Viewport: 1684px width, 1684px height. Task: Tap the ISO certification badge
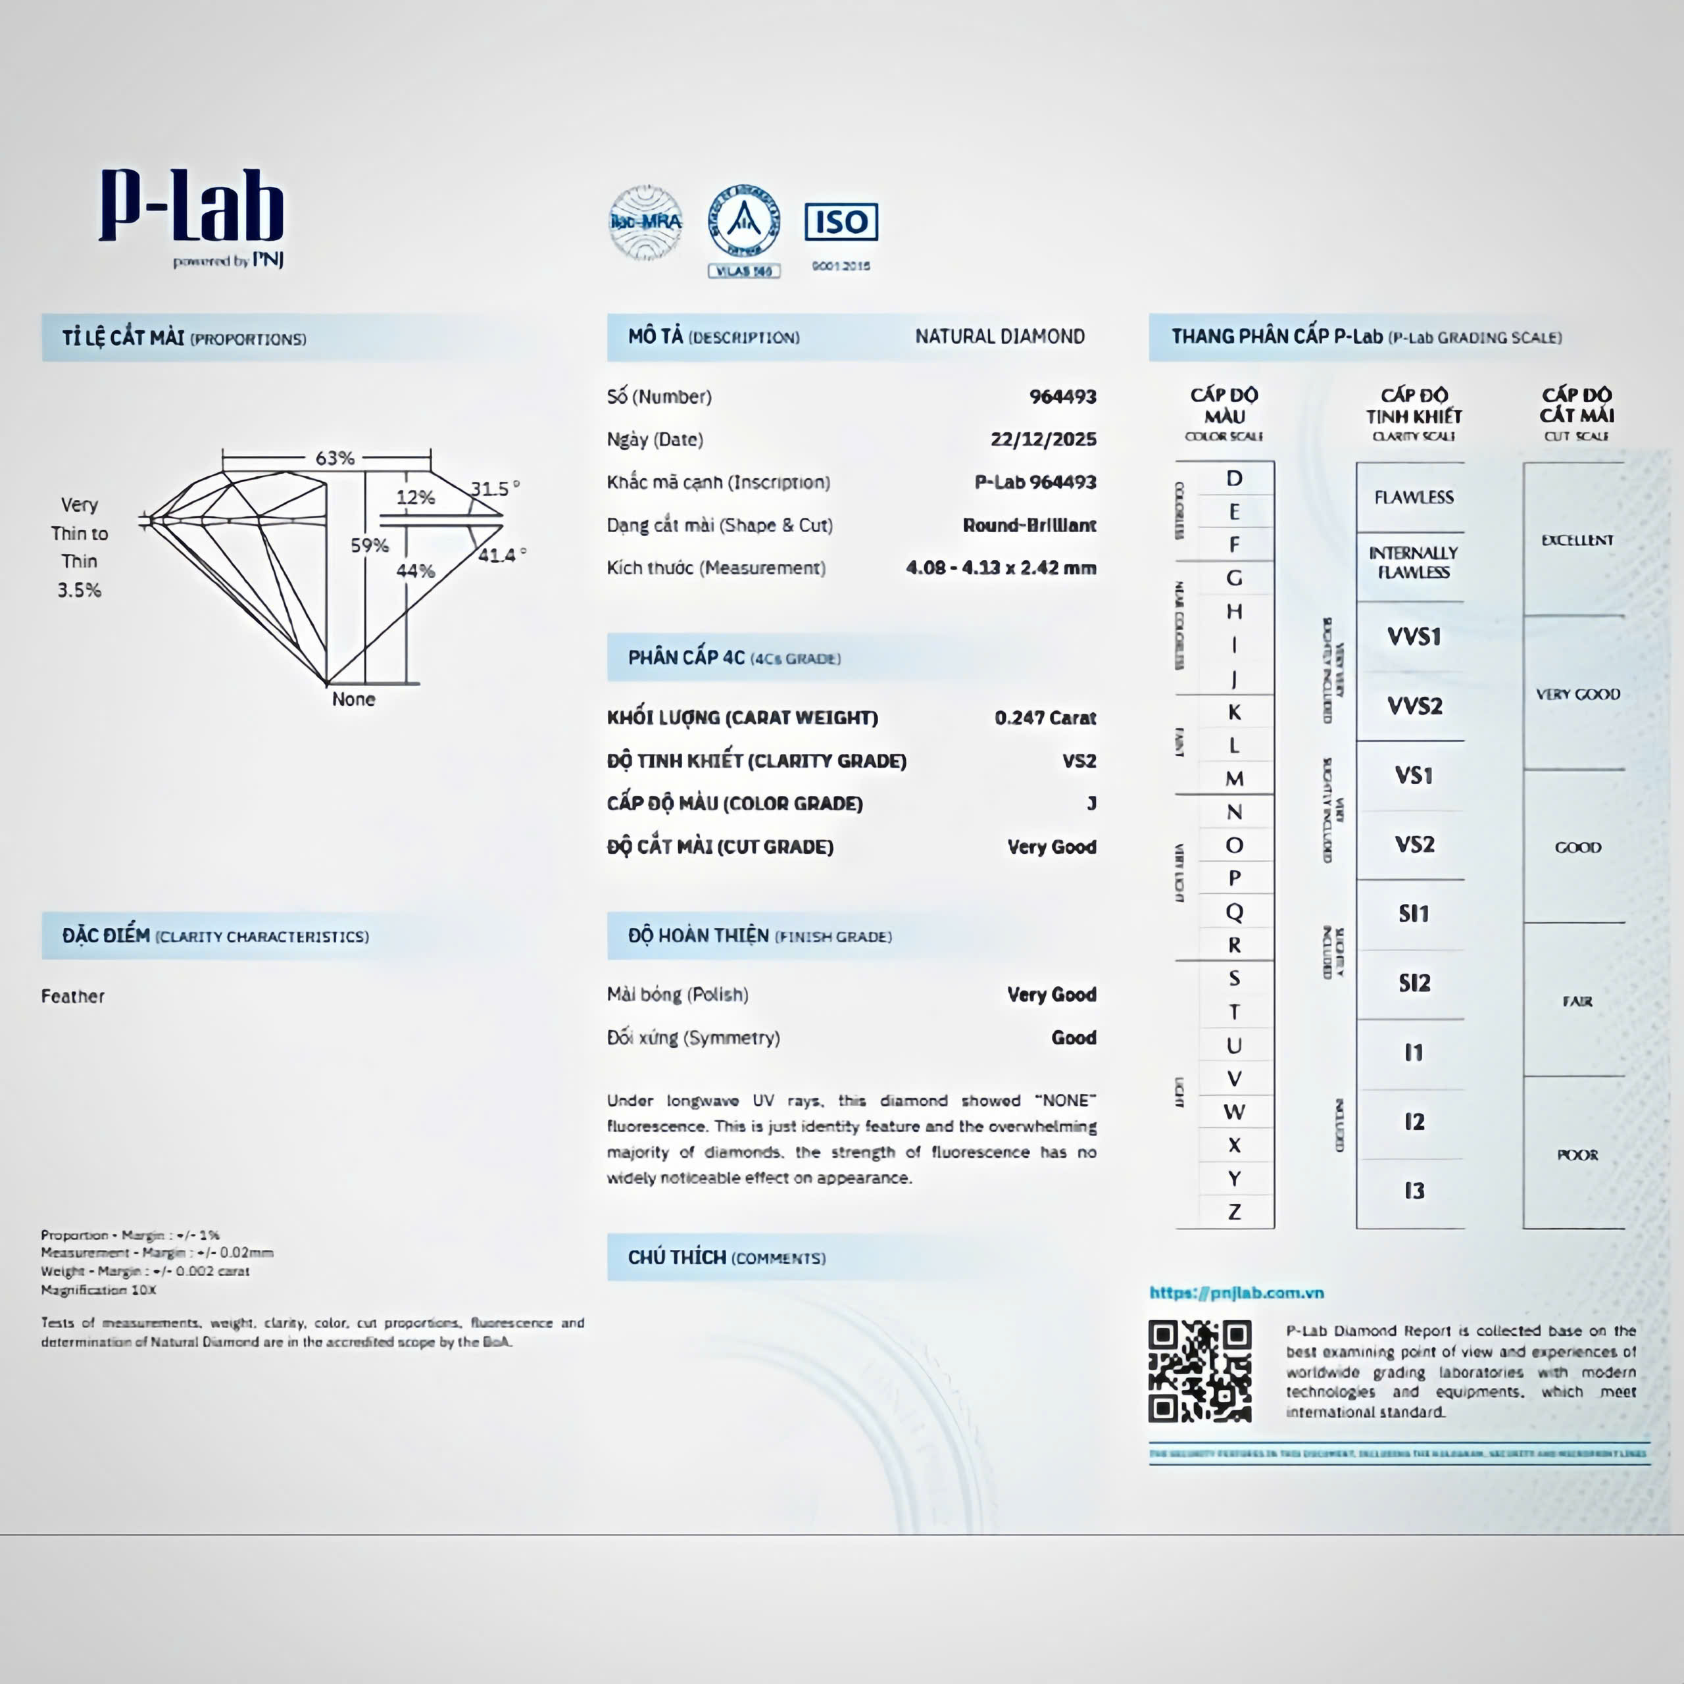tap(840, 222)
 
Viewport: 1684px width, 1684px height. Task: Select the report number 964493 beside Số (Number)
tap(1062, 397)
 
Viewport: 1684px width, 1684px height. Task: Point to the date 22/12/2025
tap(1043, 439)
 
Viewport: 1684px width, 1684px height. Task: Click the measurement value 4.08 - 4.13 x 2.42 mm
tap(1001, 568)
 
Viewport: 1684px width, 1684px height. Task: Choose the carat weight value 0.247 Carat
tap(1045, 718)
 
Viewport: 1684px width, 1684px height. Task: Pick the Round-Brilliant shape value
tap(1029, 526)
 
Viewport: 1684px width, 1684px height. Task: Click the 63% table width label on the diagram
tap(335, 458)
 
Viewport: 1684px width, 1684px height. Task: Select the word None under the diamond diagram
tap(353, 699)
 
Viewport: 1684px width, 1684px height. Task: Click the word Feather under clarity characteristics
tap(72, 997)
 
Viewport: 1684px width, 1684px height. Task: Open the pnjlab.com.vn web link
tap(1236, 1293)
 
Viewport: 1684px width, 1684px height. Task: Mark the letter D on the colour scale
tap(1234, 478)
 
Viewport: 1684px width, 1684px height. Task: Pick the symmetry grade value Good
tap(1073, 1037)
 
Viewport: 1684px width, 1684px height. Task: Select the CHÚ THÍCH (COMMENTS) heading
tap(726, 1257)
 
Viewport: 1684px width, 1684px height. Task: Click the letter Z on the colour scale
tap(1234, 1212)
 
